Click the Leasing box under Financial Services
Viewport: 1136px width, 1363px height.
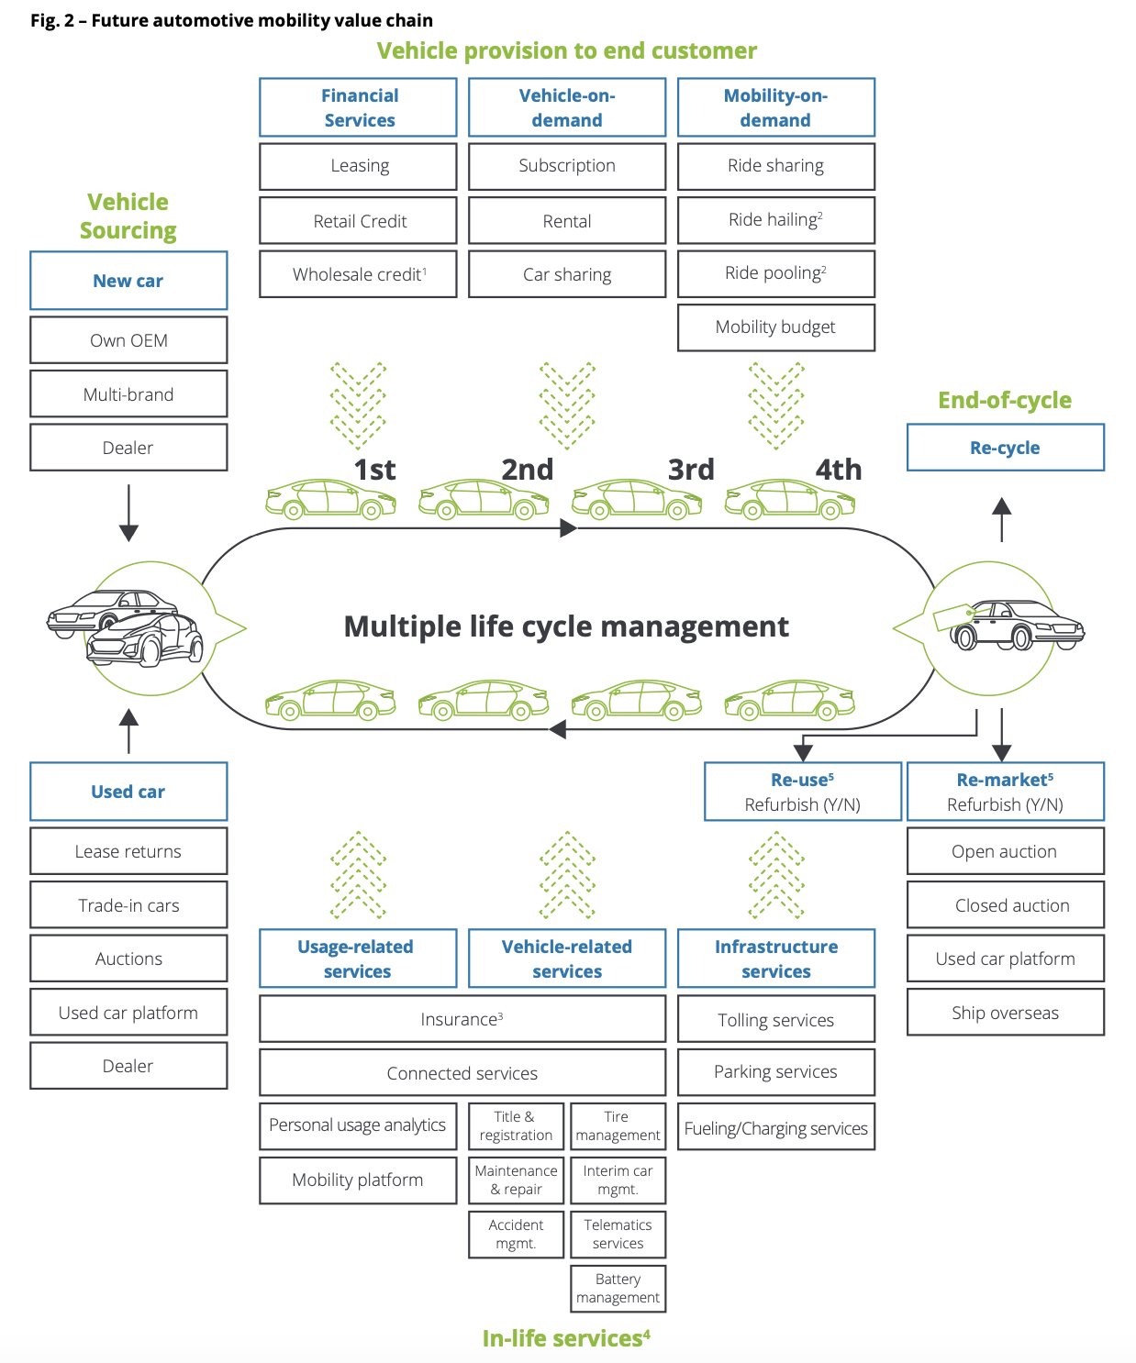click(x=358, y=166)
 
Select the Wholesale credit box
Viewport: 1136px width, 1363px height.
click(x=358, y=274)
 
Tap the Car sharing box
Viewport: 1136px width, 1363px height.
click(x=567, y=274)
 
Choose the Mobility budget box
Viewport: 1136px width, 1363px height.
click(x=775, y=327)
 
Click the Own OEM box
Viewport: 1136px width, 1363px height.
click(x=128, y=340)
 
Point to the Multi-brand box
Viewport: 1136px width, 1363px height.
click(x=128, y=394)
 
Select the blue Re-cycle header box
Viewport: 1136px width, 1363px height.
click(x=1005, y=448)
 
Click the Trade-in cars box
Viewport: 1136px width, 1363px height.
click(x=128, y=905)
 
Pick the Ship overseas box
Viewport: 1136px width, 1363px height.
click(x=1005, y=1013)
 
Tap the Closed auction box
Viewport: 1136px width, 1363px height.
click(x=1005, y=905)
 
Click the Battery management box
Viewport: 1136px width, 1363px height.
click(x=618, y=1289)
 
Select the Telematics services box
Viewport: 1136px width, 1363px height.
click(x=618, y=1235)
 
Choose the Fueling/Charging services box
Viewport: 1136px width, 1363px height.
click(x=775, y=1128)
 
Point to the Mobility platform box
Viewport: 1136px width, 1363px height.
click(x=358, y=1180)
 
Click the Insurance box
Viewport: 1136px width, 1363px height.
click(x=462, y=1019)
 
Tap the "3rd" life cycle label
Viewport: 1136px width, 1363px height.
click(x=691, y=470)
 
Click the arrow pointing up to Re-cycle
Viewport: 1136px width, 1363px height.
click(x=1002, y=518)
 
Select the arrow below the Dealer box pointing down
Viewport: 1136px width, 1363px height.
click(x=128, y=514)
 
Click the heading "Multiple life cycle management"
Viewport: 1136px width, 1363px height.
click(x=566, y=626)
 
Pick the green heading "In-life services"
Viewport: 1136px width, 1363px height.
click(x=566, y=1338)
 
